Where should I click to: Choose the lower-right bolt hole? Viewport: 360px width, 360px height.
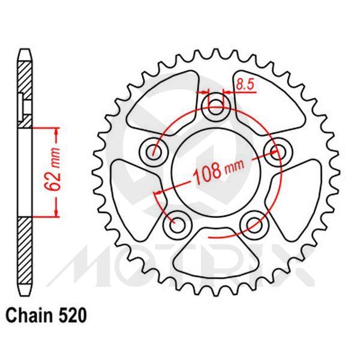pyautogui.click(x=252, y=224)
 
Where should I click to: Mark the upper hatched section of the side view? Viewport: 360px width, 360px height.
pyautogui.click(x=23, y=90)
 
